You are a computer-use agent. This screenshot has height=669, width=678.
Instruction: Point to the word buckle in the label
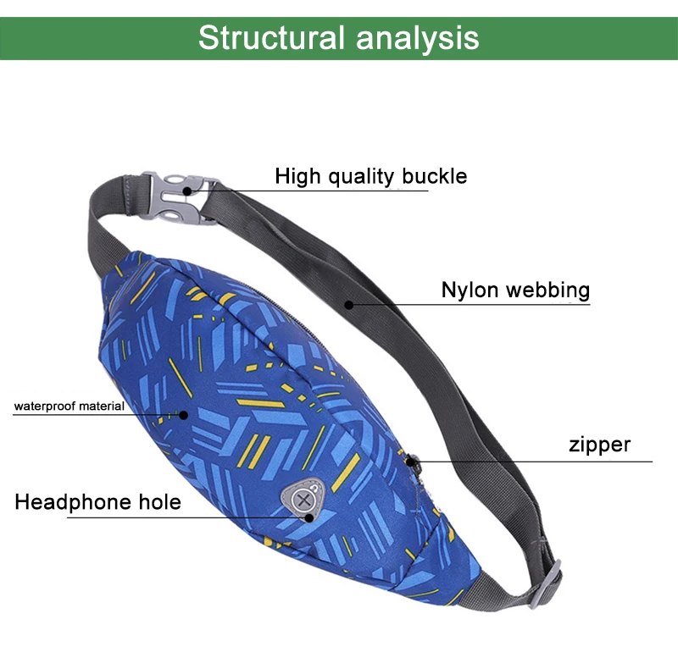(x=435, y=176)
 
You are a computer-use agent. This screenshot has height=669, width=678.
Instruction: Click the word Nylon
(x=470, y=290)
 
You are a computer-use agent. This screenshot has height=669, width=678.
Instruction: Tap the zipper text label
(x=599, y=445)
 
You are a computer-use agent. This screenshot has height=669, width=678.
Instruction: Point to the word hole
(x=160, y=502)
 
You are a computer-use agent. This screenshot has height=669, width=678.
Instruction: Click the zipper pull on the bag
(x=413, y=462)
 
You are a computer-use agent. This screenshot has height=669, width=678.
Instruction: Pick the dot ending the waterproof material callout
(x=181, y=413)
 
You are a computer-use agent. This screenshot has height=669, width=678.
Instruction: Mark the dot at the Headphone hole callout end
(x=310, y=515)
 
